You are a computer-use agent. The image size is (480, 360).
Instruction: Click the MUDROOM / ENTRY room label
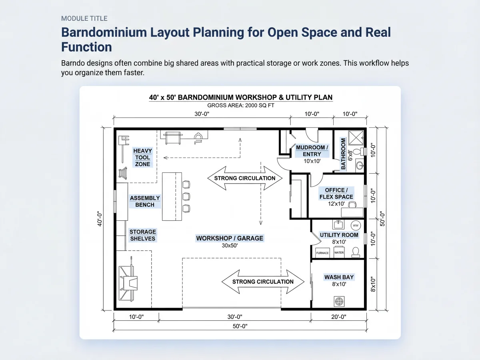pyautogui.click(x=312, y=151)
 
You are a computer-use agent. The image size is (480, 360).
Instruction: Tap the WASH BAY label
pyautogui.click(x=339, y=277)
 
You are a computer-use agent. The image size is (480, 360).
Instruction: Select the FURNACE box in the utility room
pyautogui.click(x=322, y=253)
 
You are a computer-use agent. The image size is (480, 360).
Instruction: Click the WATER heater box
pyautogui.click(x=339, y=252)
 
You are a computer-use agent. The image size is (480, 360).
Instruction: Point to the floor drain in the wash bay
pyautogui.click(x=339, y=302)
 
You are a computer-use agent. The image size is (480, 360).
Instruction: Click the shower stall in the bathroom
pyautogui.click(x=356, y=138)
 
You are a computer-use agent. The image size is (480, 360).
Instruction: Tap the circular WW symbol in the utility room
pyautogui.click(x=356, y=225)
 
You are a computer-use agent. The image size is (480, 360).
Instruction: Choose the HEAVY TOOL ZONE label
pyautogui.click(x=142, y=157)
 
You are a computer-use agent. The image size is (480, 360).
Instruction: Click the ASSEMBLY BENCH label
pyautogui.click(x=145, y=201)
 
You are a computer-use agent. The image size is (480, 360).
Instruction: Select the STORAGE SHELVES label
pyautogui.click(x=142, y=235)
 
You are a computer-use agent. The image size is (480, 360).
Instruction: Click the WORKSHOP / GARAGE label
pyautogui.click(x=230, y=238)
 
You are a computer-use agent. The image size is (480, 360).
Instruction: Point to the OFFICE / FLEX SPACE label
pyautogui.click(x=336, y=194)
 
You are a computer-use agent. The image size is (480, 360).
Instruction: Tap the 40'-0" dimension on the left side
pyautogui.click(x=100, y=218)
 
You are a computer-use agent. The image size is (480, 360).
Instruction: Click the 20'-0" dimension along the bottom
pyautogui.click(x=339, y=317)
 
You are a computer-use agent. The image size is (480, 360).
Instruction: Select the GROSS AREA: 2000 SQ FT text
pyautogui.click(x=240, y=105)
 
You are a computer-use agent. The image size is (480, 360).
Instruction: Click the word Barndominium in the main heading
pyautogui.click(x=104, y=32)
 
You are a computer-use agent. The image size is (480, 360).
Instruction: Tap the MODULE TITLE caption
pyautogui.click(x=84, y=18)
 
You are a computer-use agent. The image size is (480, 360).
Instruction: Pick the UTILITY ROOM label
pyautogui.click(x=339, y=235)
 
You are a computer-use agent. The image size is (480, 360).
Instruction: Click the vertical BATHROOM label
pyautogui.click(x=343, y=154)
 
